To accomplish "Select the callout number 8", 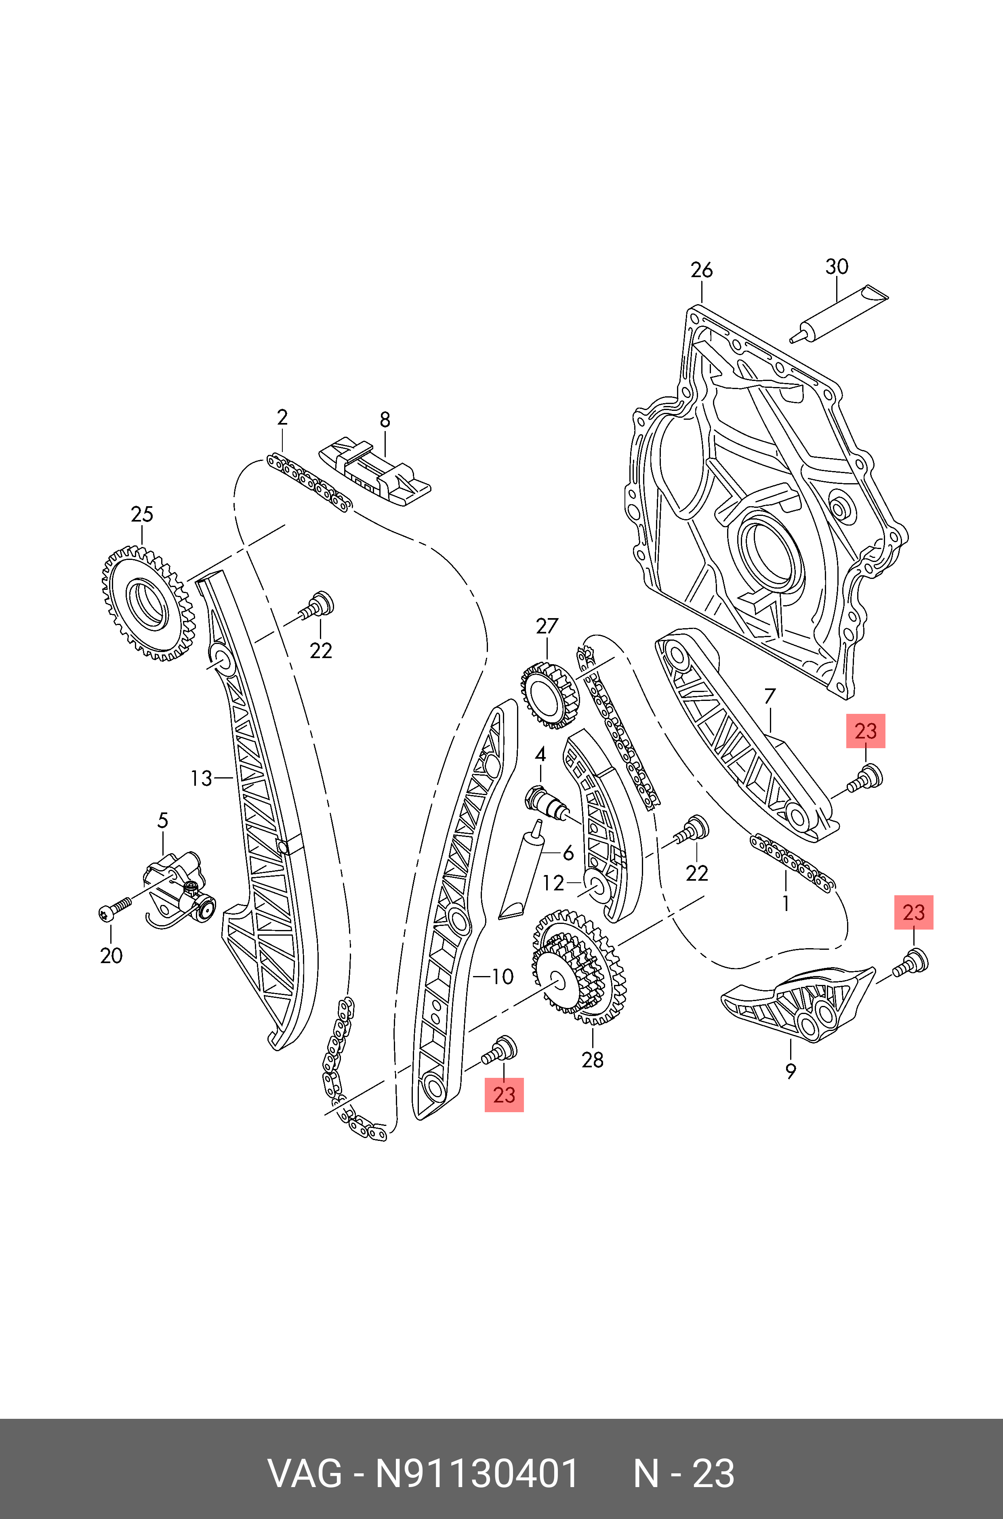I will tap(385, 420).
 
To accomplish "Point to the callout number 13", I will tap(201, 778).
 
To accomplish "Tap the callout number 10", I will tap(503, 976).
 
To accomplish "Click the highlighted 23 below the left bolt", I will tap(504, 1094).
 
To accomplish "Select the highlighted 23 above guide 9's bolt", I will tap(913, 912).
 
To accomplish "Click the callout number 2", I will tap(282, 418).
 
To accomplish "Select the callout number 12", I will tap(553, 883).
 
